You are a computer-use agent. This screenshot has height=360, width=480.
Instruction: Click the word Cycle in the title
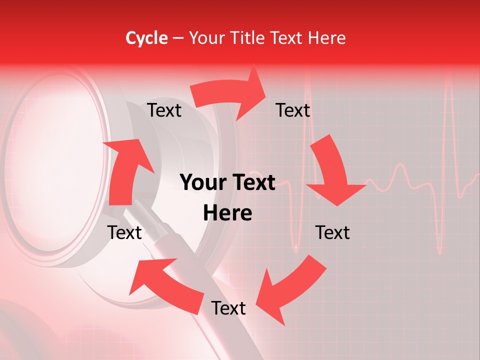(146, 38)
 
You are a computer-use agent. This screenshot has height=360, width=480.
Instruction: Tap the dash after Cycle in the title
(177, 38)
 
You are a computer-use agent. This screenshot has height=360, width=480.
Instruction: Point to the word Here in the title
(327, 38)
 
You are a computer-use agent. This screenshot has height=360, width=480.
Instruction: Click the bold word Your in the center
(203, 182)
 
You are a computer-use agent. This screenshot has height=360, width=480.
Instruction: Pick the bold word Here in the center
(227, 213)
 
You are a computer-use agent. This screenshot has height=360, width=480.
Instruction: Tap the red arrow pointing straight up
(125, 170)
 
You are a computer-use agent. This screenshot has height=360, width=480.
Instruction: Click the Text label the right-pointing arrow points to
(293, 110)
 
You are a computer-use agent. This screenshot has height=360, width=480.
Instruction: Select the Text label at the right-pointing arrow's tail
(164, 110)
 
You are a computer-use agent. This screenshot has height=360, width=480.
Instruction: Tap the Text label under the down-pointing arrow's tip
(332, 232)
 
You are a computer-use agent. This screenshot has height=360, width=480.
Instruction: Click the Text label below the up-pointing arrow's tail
(124, 232)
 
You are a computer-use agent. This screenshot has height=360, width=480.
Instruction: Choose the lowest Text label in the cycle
(228, 308)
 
